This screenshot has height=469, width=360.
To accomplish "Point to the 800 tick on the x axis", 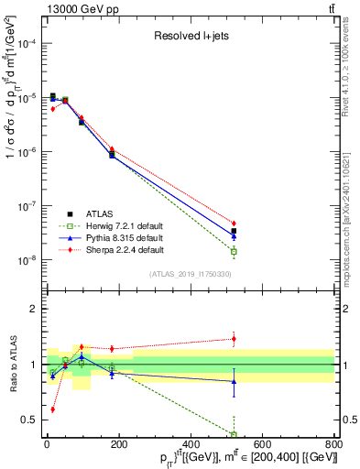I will [x=333, y=444].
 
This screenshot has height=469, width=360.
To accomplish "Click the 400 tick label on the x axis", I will [x=190, y=444].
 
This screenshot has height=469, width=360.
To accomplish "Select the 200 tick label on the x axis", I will [x=118, y=444].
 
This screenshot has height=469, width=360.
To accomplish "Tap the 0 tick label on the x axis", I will [x=47, y=444].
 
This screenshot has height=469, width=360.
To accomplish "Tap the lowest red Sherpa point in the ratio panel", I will [x=52, y=409].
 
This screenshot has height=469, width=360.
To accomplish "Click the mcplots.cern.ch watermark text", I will [x=352, y=202].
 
